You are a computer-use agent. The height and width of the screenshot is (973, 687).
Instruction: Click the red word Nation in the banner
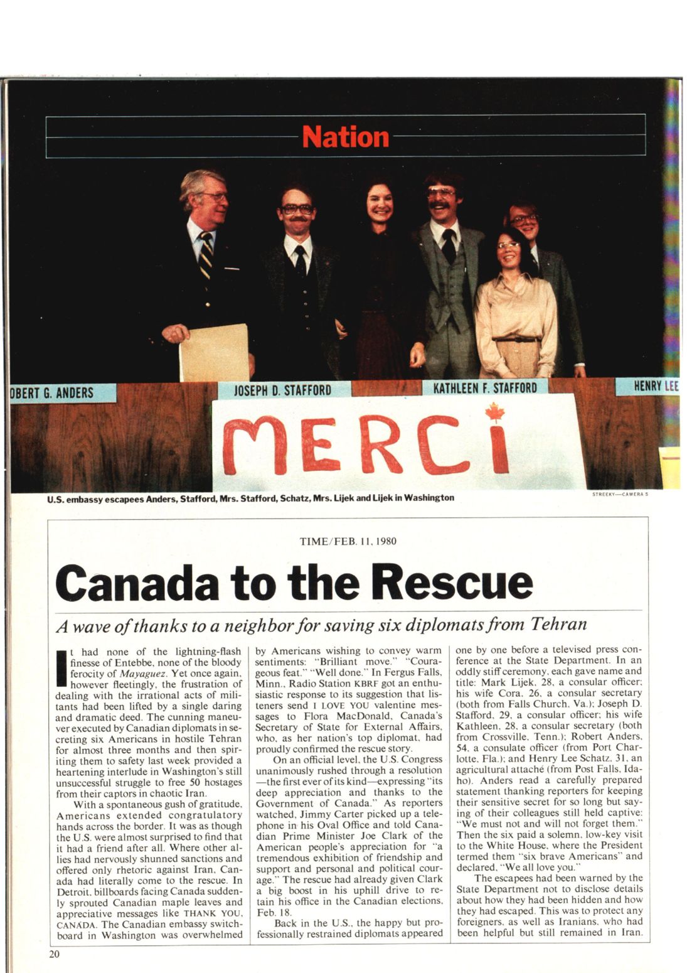[346, 136]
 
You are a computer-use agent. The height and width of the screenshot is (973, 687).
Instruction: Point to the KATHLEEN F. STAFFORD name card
[485, 387]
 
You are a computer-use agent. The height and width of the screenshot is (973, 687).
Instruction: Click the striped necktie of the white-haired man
[206, 255]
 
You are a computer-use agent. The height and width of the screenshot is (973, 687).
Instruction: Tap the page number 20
[54, 954]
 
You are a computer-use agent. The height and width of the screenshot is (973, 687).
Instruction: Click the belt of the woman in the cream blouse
[516, 340]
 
